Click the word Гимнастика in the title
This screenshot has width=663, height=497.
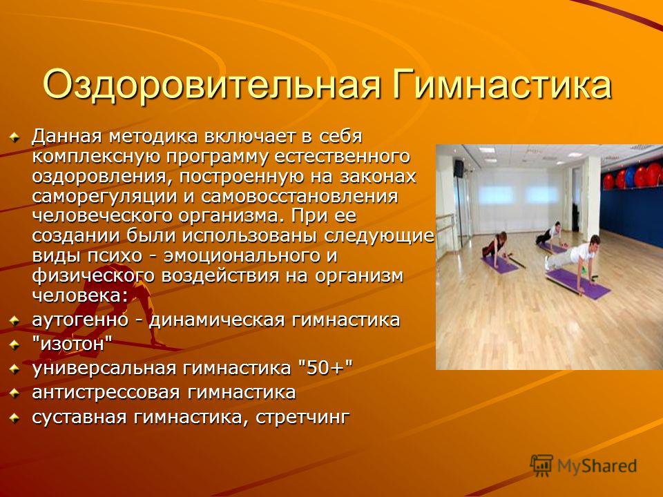(502, 84)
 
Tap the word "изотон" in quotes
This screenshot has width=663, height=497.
(73, 344)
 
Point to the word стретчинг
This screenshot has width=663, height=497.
(302, 417)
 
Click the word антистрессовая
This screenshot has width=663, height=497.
(106, 393)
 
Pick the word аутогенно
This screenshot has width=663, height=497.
(80, 320)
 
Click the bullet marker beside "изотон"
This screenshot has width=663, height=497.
(15, 345)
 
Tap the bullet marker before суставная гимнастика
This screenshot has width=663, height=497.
(15, 418)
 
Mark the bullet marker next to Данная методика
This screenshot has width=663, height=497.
(15, 137)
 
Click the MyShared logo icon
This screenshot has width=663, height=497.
(541, 465)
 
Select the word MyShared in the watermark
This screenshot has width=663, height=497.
(597, 466)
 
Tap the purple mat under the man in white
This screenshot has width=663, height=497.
(579, 284)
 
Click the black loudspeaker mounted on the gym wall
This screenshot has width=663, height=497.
(459, 168)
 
